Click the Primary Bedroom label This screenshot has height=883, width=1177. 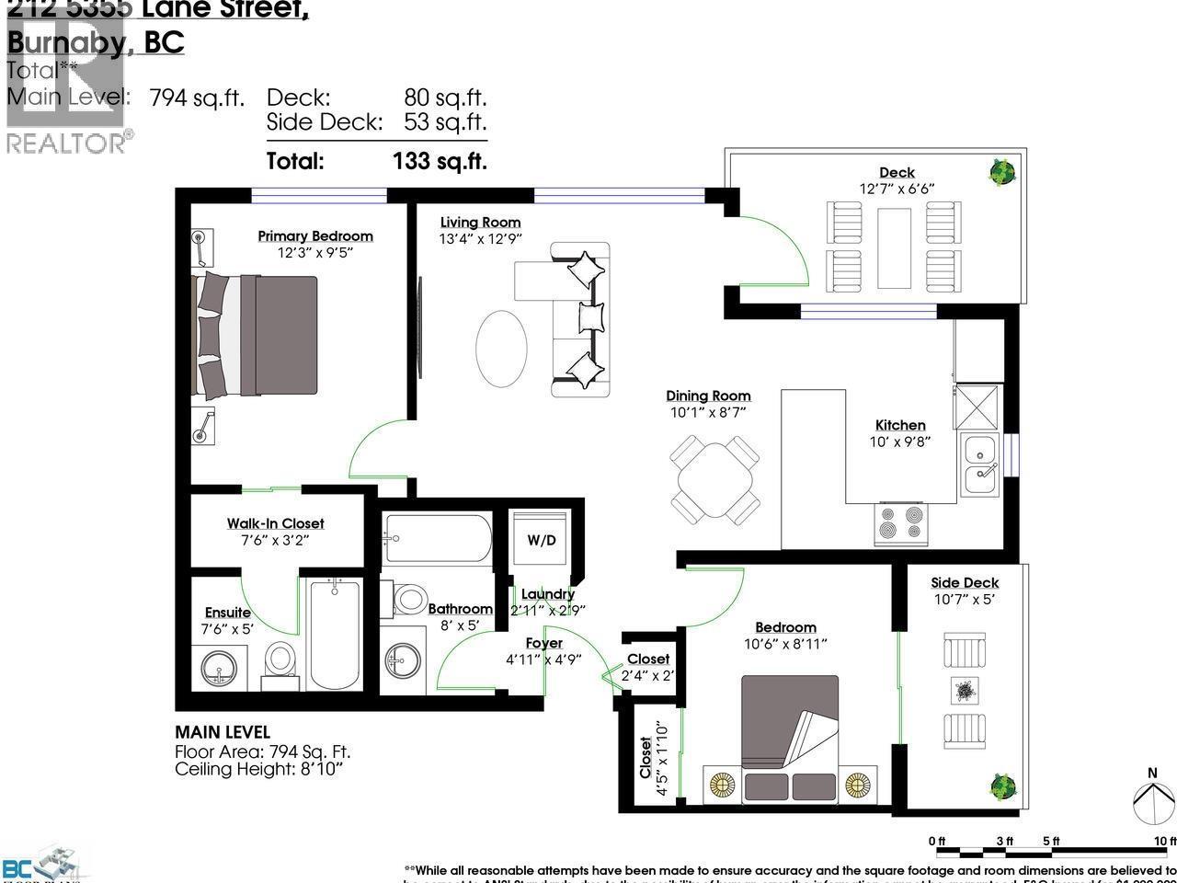[314, 236]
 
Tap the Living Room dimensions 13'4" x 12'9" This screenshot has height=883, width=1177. [480, 239]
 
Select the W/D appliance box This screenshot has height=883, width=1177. [542, 540]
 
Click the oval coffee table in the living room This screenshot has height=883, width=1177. [501, 347]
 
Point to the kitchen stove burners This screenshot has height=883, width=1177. [900, 523]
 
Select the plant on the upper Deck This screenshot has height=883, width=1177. [1001, 172]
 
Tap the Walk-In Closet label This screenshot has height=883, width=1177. [276, 523]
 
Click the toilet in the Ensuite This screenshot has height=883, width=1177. [279, 659]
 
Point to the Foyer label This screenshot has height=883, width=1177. [544, 643]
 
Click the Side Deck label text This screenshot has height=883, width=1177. [965, 582]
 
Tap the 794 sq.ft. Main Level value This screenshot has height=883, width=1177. [197, 97]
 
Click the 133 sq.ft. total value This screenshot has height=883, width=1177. [440, 161]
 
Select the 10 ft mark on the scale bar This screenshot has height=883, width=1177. [1166, 841]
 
